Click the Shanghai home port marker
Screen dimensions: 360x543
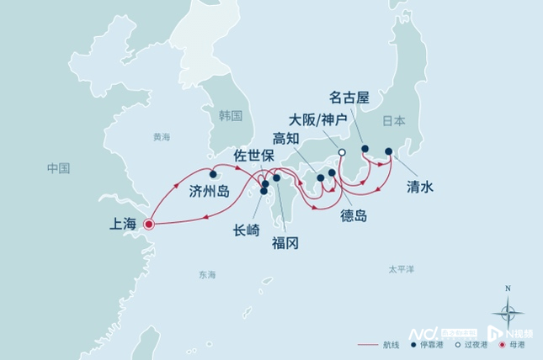pos(148,225)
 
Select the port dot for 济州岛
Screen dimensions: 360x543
pos(213,174)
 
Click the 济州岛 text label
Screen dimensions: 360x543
pos(210,192)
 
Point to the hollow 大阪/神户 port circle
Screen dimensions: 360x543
pos(342,152)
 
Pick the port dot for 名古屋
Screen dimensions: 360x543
pos(365,149)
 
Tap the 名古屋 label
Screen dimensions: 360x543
pos(350,98)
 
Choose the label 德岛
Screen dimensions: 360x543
pos(354,215)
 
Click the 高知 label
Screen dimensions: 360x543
pos(288,138)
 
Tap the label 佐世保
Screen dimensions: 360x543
pos(253,155)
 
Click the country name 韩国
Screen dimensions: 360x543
pos(229,116)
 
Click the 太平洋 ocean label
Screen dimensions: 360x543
pos(401,270)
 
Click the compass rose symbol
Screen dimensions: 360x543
pos(507,312)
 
